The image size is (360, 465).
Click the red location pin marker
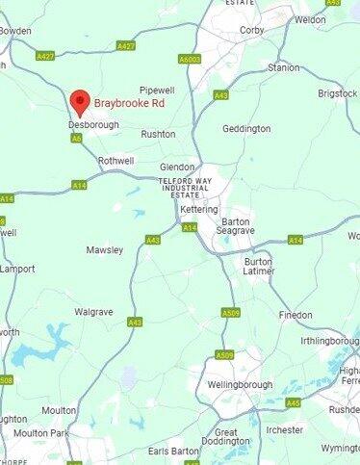[80, 100]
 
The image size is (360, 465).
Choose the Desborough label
[93, 125]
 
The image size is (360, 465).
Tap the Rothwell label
[116, 161]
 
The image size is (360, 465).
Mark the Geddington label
[245, 128]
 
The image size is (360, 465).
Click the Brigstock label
[338, 94]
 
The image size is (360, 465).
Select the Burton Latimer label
[258, 267]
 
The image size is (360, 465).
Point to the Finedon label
[296, 315]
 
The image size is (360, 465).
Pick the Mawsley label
[105, 250]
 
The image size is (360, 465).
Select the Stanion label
[284, 68]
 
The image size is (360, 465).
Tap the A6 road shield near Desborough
[76, 138]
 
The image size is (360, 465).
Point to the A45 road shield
[293, 402]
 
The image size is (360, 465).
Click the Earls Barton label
[174, 451]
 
